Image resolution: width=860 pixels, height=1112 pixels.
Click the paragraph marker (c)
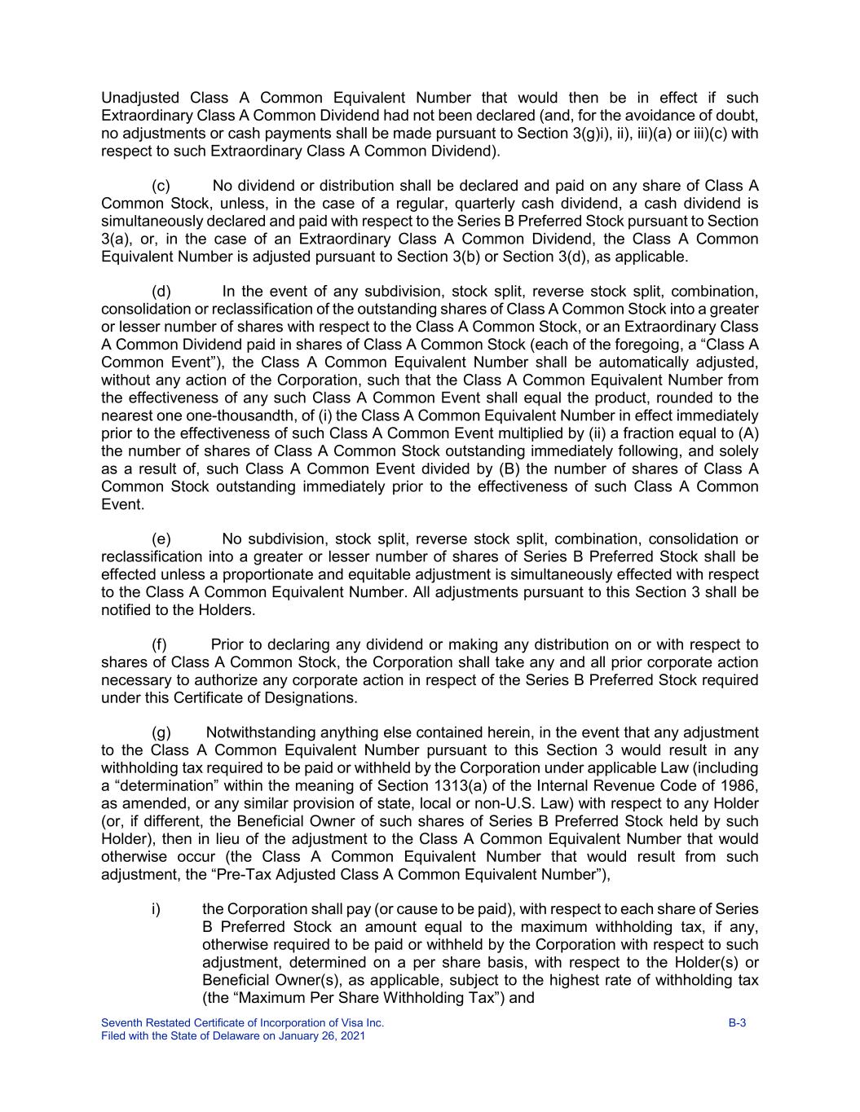click(x=161, y=186)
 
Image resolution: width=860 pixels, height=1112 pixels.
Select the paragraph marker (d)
click(x=161, y=292)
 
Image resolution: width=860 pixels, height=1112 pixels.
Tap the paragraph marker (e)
click(x=161, y=539)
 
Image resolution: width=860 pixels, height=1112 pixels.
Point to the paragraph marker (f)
click(x=160, y=645)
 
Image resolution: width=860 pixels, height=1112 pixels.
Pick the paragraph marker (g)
click(x=161, y=733)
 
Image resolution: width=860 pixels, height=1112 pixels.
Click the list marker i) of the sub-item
click(x=156, y=909)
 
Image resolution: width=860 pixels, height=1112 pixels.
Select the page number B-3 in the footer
click(x=737, y=1023)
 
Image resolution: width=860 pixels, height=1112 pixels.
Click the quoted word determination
click(x=165, y=786)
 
